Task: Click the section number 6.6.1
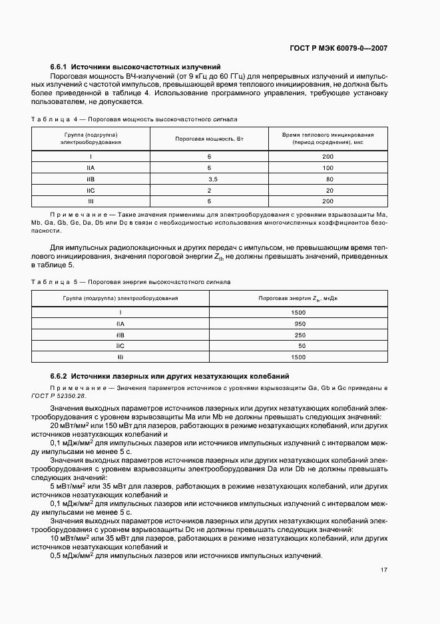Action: (59, 67)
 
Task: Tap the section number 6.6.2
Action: (59, 376)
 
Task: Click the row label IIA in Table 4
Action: (91, 167)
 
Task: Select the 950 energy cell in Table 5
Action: (300, 323)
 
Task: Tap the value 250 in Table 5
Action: (300, 335)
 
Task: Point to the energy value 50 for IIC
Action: (302, 346)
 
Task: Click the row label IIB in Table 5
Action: (120, 335)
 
